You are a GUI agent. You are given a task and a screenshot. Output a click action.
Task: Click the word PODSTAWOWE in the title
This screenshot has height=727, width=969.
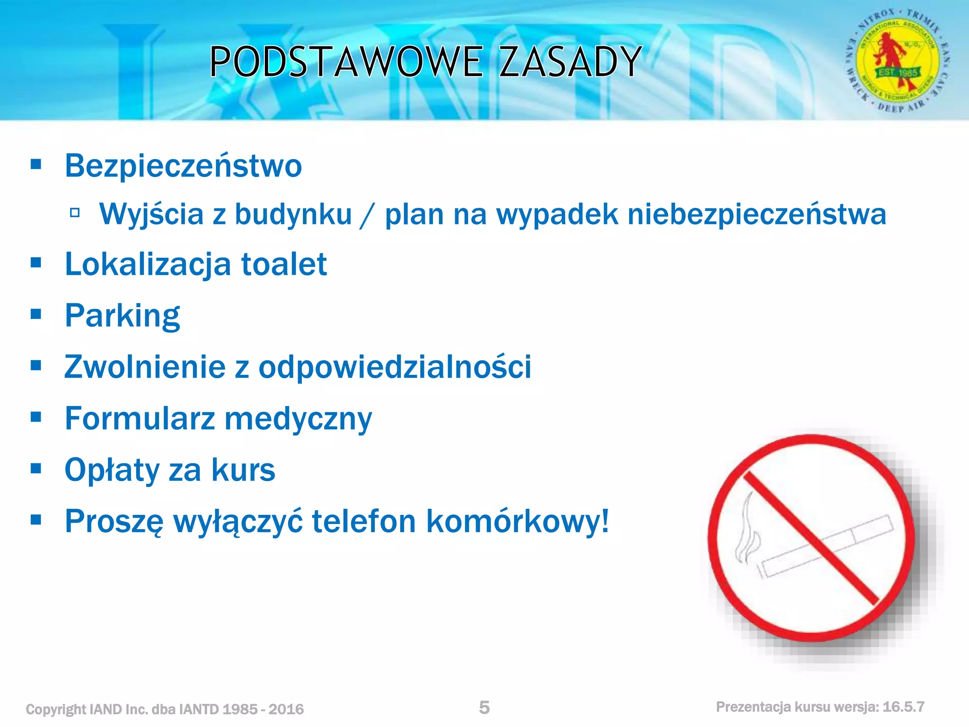click(346, 62)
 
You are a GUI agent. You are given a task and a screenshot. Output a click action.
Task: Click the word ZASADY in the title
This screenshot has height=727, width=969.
click(570, 62)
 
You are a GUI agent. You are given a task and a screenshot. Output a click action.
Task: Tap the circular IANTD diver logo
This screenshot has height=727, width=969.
click(898, 61)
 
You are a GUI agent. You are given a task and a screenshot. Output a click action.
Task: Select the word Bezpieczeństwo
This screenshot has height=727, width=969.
click(183, 166)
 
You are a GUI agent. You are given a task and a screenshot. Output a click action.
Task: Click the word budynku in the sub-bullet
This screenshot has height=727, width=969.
click(293, 214)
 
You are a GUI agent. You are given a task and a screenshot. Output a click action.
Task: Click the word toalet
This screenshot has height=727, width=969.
click(284, 264)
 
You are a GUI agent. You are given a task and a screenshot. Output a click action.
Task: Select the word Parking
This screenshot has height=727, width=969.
click(123, 316)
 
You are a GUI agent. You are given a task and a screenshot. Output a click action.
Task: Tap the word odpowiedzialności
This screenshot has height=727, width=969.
click(395, 367)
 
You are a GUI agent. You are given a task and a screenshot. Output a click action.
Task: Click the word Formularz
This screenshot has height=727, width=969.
click(140, 419)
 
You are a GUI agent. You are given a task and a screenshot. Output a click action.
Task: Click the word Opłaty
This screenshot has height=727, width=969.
click(112, 470)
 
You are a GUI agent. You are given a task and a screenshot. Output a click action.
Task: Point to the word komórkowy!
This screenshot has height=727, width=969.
click(517, 521)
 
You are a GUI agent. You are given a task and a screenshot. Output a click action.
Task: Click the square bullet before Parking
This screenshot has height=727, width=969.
click(36, 314)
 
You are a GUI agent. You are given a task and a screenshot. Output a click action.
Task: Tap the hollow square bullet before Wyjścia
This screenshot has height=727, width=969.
click(74, 213)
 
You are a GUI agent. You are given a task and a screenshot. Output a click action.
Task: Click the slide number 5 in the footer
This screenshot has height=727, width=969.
click(484, 708)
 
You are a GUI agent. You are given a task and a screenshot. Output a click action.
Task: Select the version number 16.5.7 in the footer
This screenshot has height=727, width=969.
click(903, 707)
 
